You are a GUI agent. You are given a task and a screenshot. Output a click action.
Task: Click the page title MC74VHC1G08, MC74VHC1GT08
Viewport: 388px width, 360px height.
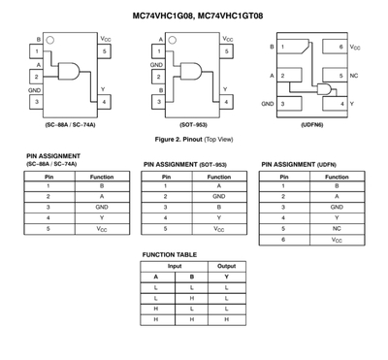click(x=198, y=16)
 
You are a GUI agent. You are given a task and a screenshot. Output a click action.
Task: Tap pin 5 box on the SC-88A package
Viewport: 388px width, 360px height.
click(x=104, y=51)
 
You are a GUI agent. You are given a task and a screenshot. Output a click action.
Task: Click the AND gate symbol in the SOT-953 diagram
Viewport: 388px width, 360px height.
click(x=191, y=71)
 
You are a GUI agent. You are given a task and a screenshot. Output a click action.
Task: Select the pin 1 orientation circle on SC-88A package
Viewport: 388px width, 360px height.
click(x=50, y=40)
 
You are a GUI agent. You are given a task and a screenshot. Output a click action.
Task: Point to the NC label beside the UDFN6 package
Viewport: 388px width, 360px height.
click(x=354, y=76)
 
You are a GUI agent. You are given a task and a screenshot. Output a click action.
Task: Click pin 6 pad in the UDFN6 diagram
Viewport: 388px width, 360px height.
click(x=335, y=47)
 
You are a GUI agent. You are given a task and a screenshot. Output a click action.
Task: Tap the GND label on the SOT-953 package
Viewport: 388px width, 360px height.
click(x=156, y=65)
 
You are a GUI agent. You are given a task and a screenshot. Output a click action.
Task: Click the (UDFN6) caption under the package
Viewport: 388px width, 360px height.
click(x=312, y=125)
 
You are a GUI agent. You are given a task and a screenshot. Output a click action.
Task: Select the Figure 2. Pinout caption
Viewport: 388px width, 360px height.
click(x=194, y=140)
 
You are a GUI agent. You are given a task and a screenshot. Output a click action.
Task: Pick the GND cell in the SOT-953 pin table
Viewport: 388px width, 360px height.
click(x=219, y=196)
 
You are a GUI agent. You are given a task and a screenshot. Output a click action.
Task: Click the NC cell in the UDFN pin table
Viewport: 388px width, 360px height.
click(x=337, y=229)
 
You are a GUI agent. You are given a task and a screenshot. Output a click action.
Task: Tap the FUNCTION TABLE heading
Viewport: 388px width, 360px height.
click(x=170, y=255)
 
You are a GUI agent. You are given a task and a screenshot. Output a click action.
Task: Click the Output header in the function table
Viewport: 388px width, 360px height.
click(x=227, y=266)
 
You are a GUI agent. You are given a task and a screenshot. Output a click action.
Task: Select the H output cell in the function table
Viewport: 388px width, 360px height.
click(x=227, y=319)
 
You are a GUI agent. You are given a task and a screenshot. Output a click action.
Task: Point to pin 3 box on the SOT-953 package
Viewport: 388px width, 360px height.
click(x=159, y=102)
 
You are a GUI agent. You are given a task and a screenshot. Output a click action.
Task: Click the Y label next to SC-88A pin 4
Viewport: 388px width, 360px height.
click(x=103, y=89)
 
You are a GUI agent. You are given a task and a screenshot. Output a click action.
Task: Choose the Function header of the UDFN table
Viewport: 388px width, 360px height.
click(x=337, y=177)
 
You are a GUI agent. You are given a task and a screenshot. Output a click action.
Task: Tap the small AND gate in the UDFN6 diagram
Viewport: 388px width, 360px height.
click(x=324, y=89)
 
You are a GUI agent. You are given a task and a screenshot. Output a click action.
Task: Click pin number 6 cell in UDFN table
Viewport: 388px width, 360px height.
click(x=283, y=240)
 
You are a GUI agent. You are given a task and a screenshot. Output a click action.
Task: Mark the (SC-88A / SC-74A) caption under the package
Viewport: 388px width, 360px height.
click(x=70, y=125)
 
